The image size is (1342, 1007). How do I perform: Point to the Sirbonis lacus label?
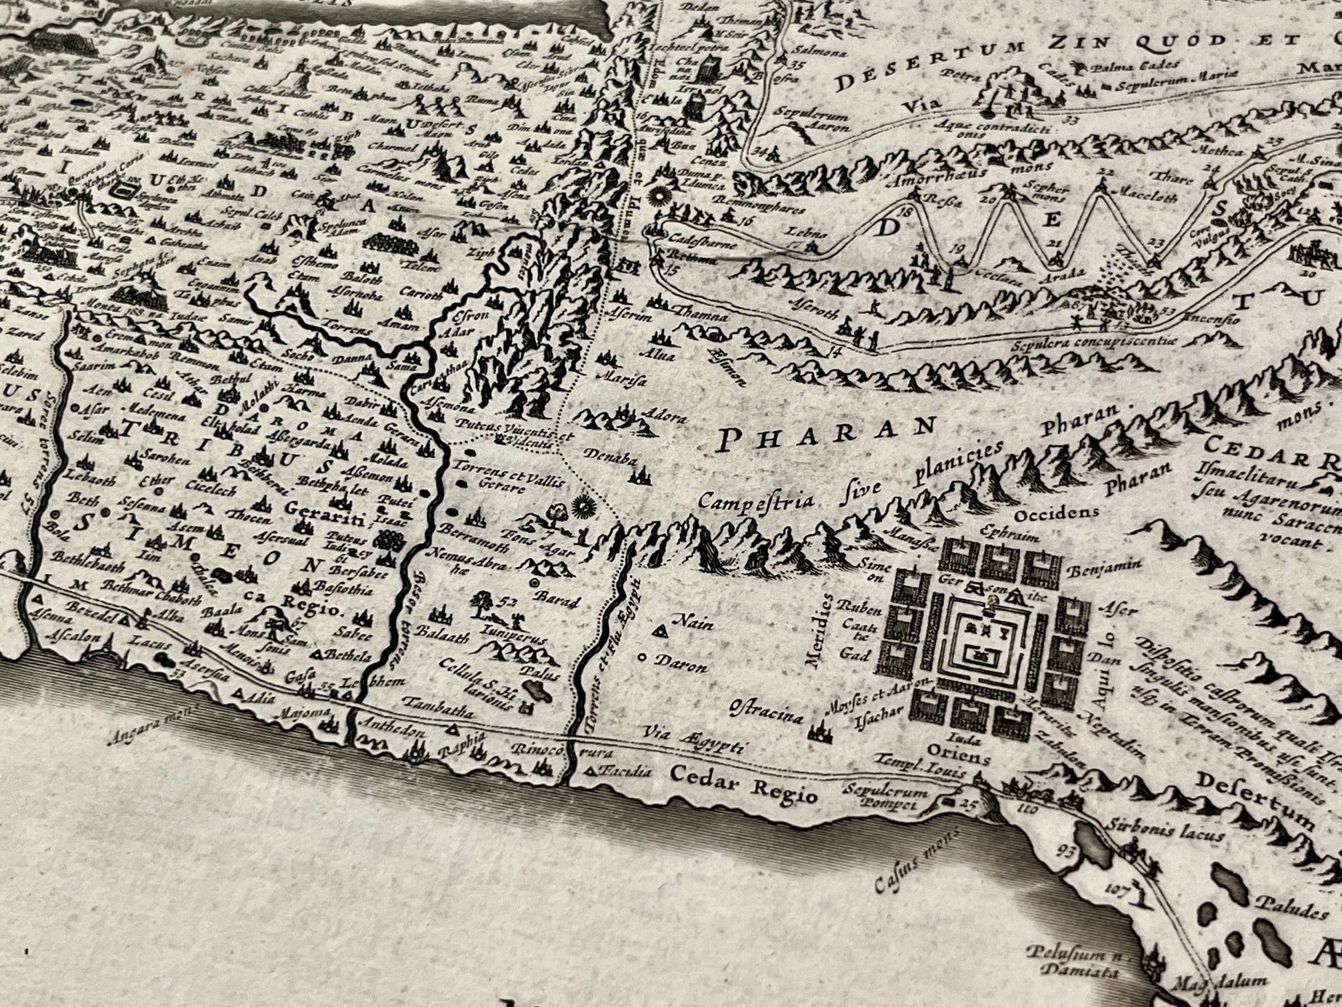1165,830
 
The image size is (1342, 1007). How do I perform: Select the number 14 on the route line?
836,352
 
